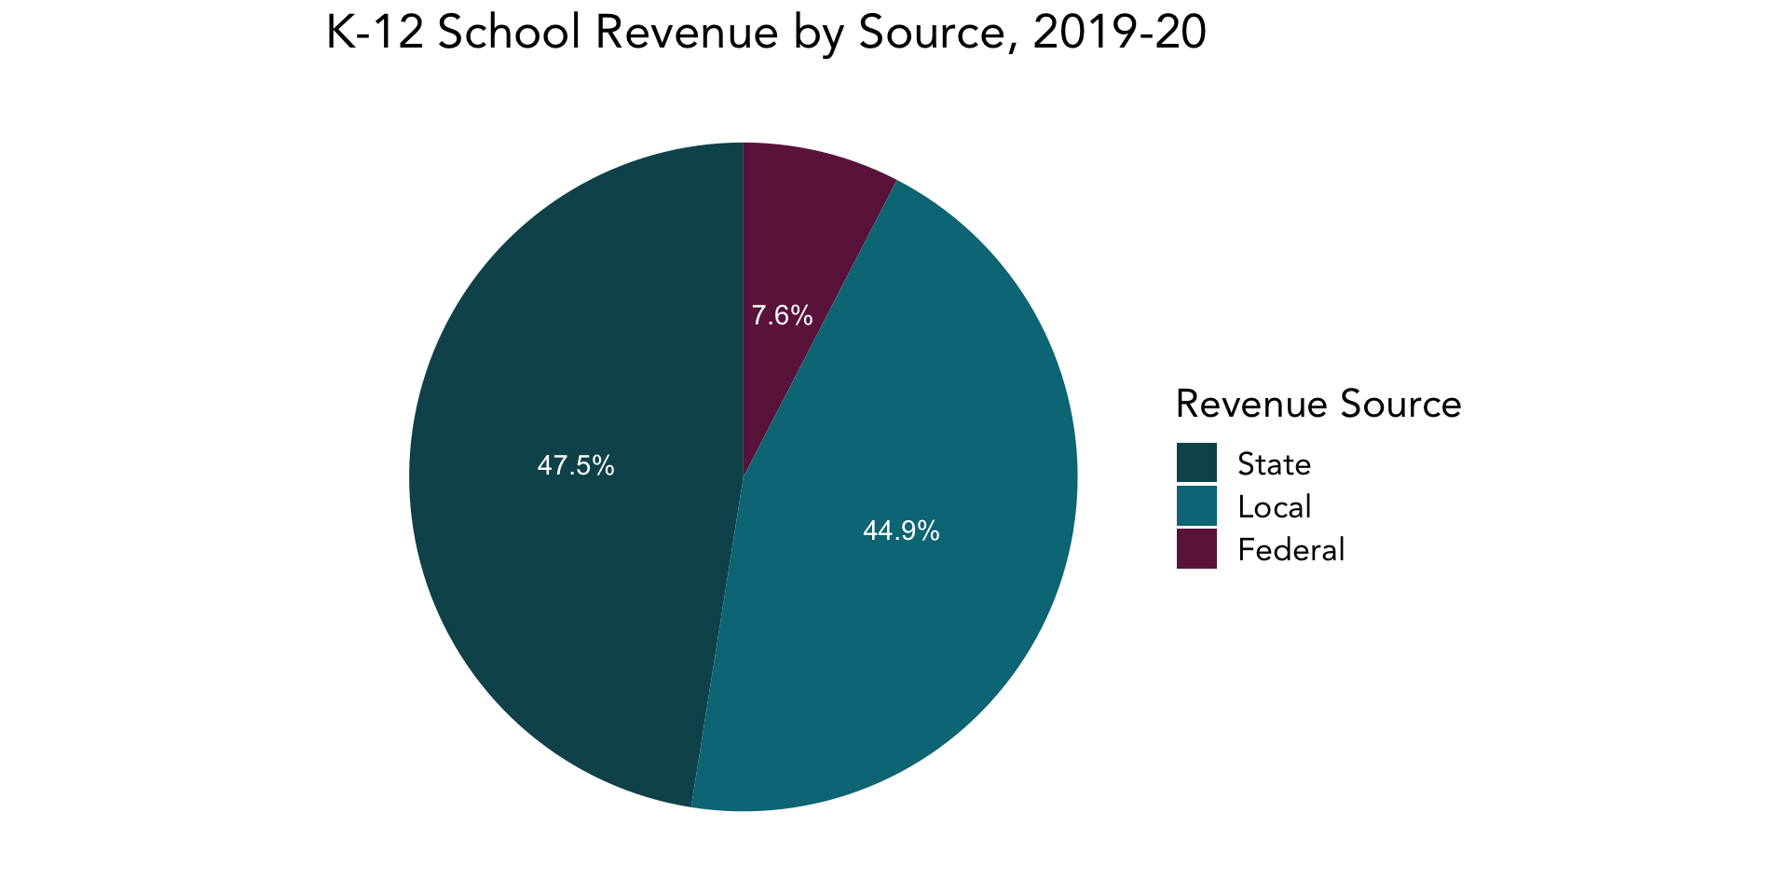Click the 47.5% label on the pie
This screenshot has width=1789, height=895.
(576, 465)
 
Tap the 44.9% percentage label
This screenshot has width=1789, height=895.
(901, 530)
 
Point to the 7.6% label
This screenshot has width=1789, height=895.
(782, 316)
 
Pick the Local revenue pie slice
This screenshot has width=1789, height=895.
(932, 634)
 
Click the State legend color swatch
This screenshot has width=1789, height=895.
(1196, 462)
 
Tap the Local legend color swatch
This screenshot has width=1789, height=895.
(1196, 506)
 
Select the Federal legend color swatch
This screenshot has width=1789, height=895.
(1196, 549)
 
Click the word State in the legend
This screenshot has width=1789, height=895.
(1274, 463)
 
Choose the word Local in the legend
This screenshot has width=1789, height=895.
(1274, 506)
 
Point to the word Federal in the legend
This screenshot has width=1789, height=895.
(1291, 549)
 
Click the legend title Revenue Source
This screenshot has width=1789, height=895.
(1318, 404)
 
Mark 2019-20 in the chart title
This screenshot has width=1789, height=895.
(1119, 34)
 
